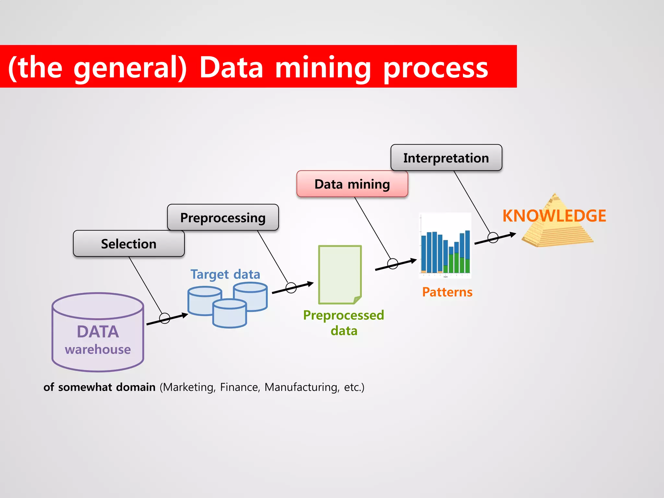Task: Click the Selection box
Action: (x=129, y=243)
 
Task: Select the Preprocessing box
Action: (x=223, y=217)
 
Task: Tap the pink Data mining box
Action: (x=352, y=184)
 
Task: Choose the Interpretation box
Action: (x=446, y=158)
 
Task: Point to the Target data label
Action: (x=225, y=274)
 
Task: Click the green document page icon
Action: (x=339, y=274)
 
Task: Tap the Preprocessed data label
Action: (x=344, y=323)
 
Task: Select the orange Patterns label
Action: (x=447, y=292)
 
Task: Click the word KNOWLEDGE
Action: (x=554, y=216)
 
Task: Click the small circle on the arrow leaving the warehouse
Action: (x=165, y=318)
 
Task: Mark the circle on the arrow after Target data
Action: (x=291, y=288)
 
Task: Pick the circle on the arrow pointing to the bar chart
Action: (x=393, y=264)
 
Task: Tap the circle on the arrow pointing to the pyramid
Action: (x=493, y=238)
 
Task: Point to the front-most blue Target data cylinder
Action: (x=230, y=314)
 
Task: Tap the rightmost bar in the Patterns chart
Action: (x=468, y=252)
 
